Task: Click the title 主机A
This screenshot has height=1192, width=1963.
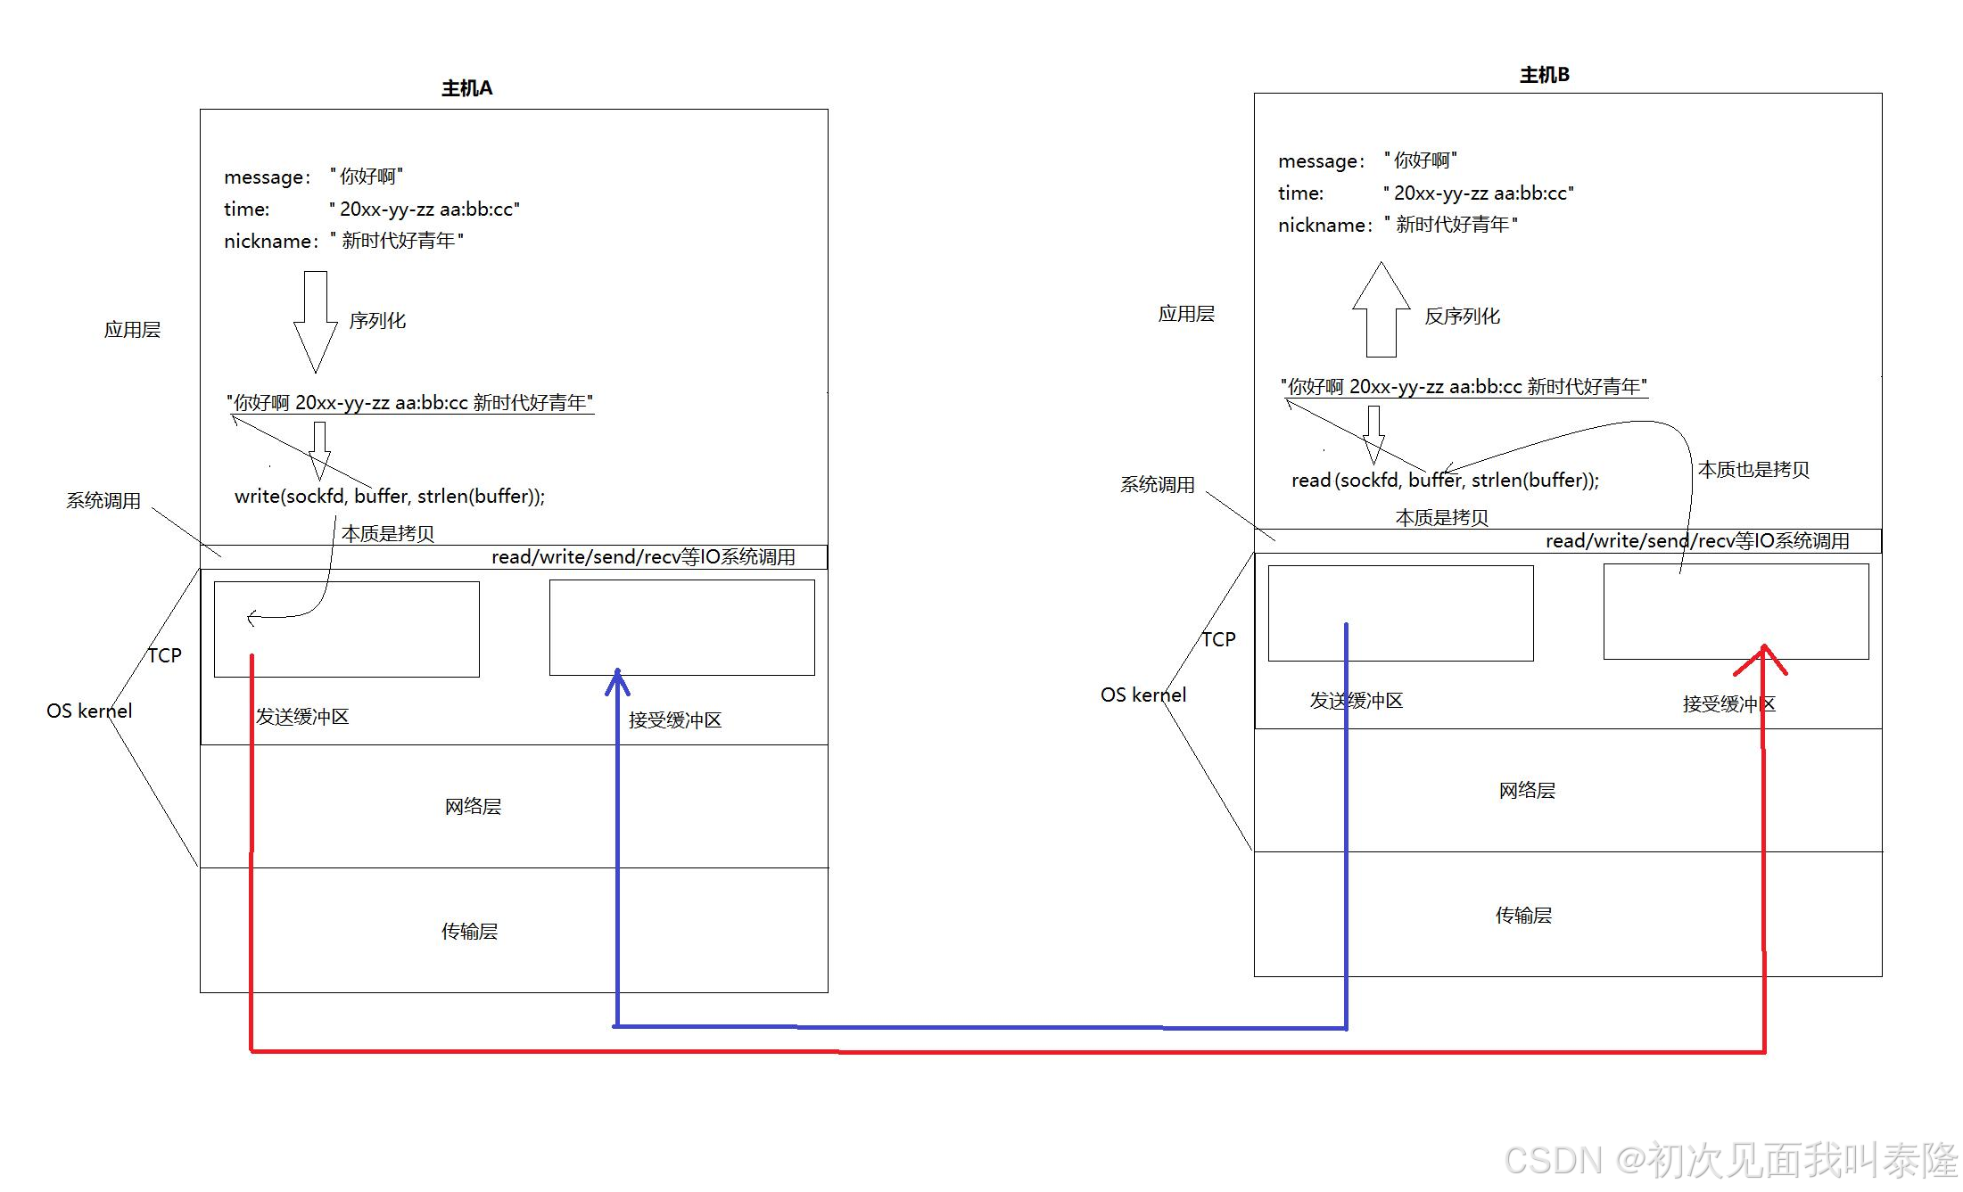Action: pyautogui.click(x=466, y=88)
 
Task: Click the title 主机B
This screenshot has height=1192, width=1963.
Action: pyautogui.click(x=1544, y=75)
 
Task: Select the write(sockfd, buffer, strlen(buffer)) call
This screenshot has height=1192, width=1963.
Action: pyautogui.click(x=389, y=497)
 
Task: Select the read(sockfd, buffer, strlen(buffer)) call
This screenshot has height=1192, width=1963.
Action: pyautogui.click(x=1444, y=481)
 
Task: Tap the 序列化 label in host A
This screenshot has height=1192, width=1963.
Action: pyautogui.click(x=377, y=321)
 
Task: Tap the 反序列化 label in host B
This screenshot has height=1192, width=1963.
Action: pyautogui.click(x=1462, y=316)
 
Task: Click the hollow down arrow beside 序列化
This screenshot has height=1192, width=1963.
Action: pyautogui.click(x=315, y=321)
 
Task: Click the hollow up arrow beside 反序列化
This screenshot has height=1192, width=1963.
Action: pyautogui.click(x=1381, y=309)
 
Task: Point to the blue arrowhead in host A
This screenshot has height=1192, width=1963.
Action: pyautogui.click(x=617, y=683)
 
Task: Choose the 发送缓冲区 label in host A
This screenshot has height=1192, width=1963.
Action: pyautogui.click(x=302, y=717)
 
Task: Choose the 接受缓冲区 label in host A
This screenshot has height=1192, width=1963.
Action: pyautogui.click(x=674, y=720)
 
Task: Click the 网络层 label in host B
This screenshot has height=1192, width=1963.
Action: pyautogui.click(x=1526, y=791)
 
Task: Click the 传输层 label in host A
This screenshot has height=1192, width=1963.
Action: pyautogui.click(x=469, y=932)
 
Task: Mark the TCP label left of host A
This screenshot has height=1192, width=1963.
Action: pyautogui.click(x=165, y=656)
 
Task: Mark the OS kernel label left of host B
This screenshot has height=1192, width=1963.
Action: pyautogui.click(x=1142, y=695)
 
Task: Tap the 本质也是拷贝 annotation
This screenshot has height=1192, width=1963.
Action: pyautogui.click(x=1753, y=470)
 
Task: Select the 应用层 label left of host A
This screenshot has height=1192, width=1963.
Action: pyautogui.click(x=132, y=330)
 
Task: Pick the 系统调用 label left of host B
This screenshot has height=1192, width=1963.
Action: pyautogui.click(x=1157, y=485)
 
